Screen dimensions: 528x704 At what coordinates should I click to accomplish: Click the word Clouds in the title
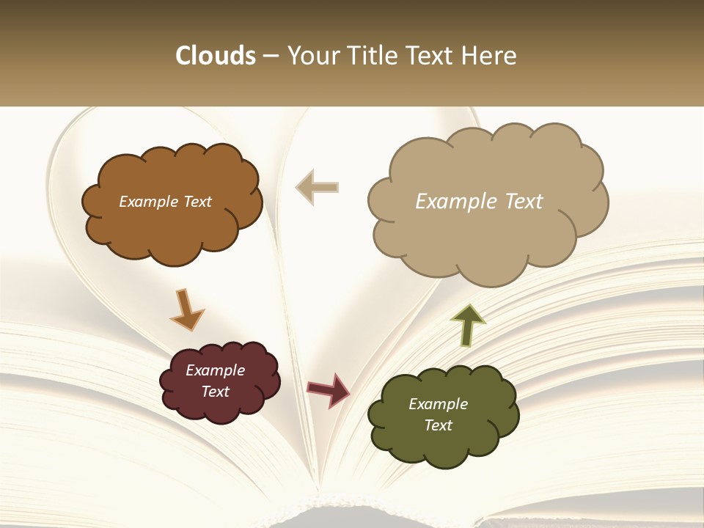tap(215, 56)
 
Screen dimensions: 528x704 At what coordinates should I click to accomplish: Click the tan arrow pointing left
tap(317, 187)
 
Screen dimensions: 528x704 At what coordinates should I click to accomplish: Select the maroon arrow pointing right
tap(329, 389)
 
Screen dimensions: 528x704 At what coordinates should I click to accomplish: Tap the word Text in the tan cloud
tap(520, 202)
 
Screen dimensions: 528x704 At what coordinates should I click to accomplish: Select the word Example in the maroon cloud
tap(215, 370)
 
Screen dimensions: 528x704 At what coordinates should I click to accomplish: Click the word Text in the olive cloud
tap(438, 425)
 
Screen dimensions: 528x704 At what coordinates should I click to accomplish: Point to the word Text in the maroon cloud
tap(215, 392)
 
